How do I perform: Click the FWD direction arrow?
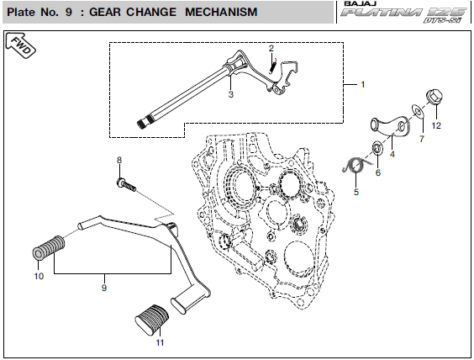tap(20, 45)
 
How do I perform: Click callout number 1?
tap(363, 84)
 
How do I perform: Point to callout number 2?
tap(271, 48)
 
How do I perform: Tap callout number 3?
tap(231, 94)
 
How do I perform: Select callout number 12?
tap(436, 125)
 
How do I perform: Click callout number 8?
tap(119, 160)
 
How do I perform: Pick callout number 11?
tap(160, 342)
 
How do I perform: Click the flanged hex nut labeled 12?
tap(434, 97)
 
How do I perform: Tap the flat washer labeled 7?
tap(418, 112)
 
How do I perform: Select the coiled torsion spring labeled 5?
tap(356, 166)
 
